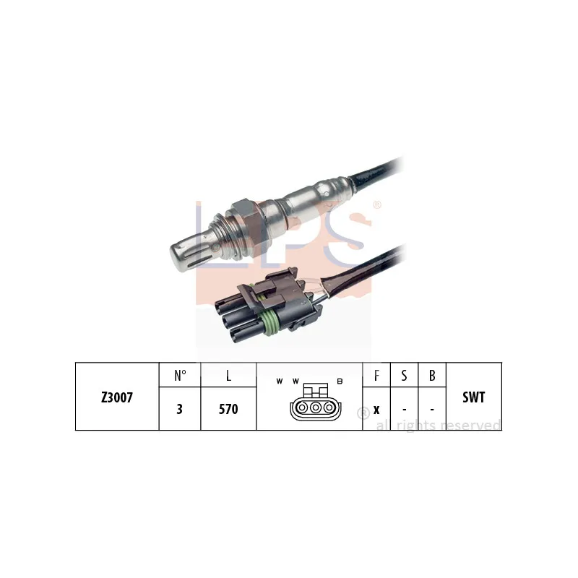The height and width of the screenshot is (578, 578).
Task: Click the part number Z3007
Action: coord(117,397)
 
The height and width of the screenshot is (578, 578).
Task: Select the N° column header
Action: coord(180,375)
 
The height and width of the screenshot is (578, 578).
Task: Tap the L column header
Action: coord(228,376)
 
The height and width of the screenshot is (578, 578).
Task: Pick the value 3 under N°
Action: coord(179,409)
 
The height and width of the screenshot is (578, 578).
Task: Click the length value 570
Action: coord(228,409)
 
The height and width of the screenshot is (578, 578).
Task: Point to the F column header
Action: coord(376,375)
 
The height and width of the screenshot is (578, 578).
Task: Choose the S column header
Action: coord(404,375)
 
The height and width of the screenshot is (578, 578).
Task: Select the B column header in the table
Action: coord(432,375)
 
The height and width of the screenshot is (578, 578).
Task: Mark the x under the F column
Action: coord(376,410)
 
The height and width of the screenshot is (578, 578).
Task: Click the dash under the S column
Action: coord(405,410)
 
